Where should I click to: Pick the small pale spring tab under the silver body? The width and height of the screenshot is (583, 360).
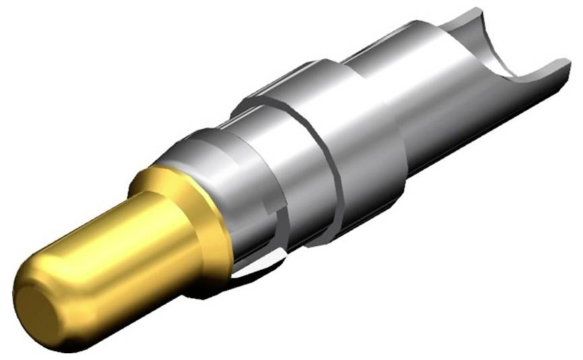[259, 269]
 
